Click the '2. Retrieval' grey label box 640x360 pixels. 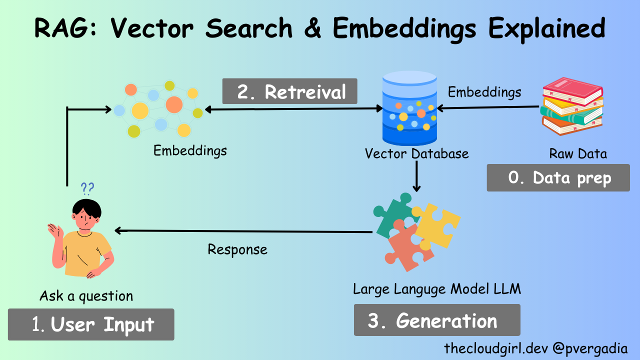pyautogui.click(x=290, y=91)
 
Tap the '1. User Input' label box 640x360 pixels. pyautogui.click(x=91, y=324)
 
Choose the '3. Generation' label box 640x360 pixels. pyautogui.click(x=436, y=320)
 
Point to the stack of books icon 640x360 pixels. pyautogui.click(x=572, y=106)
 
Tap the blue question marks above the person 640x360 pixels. pyautogui.click(x=87, y=188)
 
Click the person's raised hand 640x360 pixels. pyautogui.click(x=54, y=230)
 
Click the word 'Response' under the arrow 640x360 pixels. pyautogui.click(x=237, y=249)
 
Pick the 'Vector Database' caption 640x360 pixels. pyautogui.click(x=416, y=153)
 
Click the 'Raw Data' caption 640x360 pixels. pyautogui.click(x=578, y=153)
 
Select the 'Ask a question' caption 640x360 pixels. pyautogui.click(x=86, y=296)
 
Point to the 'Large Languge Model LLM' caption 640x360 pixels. pyautogui.click(x=436, y=289)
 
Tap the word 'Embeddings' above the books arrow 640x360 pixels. pyautogui.click(x=484, y=92)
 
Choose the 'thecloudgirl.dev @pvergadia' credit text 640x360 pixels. pyautogui.click(x=535, y=348)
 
